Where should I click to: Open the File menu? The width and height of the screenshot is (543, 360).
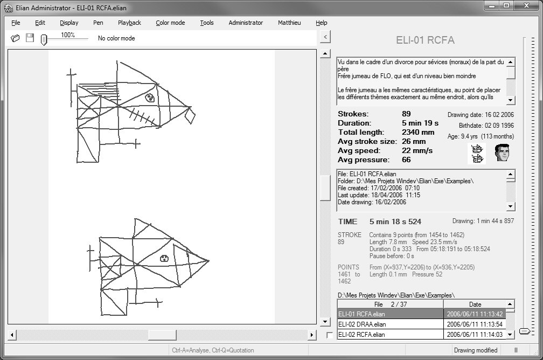pyautogui.click(x=16, y=23)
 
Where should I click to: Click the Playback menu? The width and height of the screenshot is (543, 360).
pyautogui.click(x=129, y=23)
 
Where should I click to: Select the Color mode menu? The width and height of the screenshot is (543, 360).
pyautogui.click(x=170, y=23)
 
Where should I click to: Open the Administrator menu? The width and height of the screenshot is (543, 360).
pyautogui.click(x=246, y=23)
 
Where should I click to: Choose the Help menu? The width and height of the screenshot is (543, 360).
pyautogui.click(x=322, y=23)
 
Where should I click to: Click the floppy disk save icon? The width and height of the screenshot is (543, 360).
pyautogui.click(x=30, y=38)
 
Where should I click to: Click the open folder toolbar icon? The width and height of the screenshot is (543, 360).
pyautogui.click(x=15, y=38)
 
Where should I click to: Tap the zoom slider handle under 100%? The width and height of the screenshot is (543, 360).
pyautogui.click(x=44, y=40)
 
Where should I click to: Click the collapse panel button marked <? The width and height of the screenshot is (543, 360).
pyautogui.click(x=325, y=37)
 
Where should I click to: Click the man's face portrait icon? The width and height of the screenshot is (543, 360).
pyautogui.click(x=502, y=153)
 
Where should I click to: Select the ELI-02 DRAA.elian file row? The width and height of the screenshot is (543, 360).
pyautogui.click(x=362, y=324)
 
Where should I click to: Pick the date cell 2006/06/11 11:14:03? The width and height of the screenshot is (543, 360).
pyautogui.click(x=475, y=334)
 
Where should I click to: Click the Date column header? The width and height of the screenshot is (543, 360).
pyautogui.click(x=475, y=304)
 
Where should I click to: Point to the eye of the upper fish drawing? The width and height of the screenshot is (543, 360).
pyautogui.click(x=150, y=98)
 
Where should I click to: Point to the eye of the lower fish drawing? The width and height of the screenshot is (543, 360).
pyautogui.click(x=164, y=258)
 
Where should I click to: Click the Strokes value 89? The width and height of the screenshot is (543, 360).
pyautogui.click(x=406, y=114)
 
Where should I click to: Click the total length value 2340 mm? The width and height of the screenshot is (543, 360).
pyautogui.click(x=418, y=132)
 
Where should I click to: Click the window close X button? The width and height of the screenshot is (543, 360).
pyautogui.click(x=526, y=6)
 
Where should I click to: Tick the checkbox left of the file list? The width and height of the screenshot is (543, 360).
pyautogui.click(x=330, y=335)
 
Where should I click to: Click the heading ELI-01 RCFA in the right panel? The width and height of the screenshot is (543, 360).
pyautogui.click(x=425, y=40)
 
